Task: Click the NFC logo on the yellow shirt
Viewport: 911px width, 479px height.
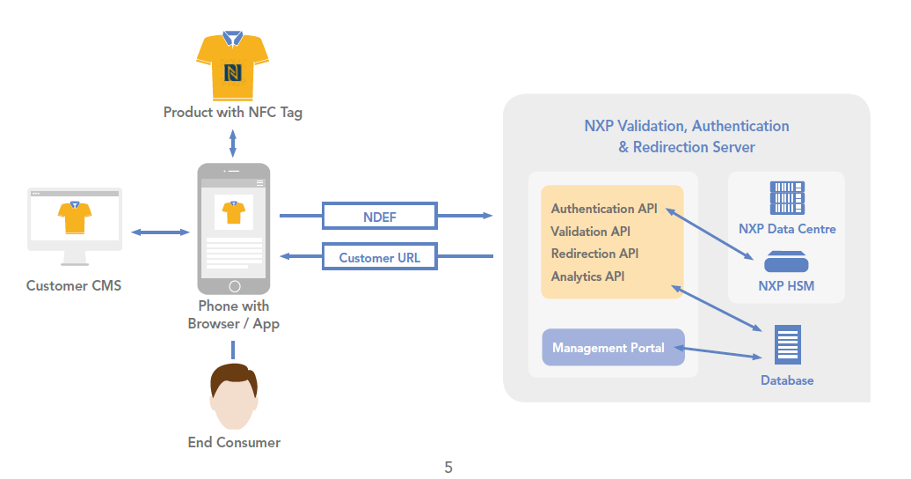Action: point(233,71)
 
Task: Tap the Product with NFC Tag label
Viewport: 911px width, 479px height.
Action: point(233,113)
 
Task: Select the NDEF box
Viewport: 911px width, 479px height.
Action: point(380,216)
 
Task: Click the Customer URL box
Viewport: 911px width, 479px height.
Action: point(380,258)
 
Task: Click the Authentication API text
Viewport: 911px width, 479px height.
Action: point(604,209)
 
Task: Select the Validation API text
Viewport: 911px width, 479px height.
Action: point(591,232)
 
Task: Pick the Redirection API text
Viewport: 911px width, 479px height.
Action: point(595,254)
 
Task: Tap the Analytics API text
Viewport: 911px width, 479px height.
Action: point(588,276)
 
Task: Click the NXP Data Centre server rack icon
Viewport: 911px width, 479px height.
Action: point(787,199)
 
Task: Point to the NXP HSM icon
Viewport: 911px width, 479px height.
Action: point(786,262)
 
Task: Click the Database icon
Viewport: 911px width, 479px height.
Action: point(787,344)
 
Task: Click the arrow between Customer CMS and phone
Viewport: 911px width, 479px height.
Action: point(160,232)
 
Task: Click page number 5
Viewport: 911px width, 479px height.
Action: point(448,468)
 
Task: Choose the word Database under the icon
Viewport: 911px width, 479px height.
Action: point(787,380)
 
